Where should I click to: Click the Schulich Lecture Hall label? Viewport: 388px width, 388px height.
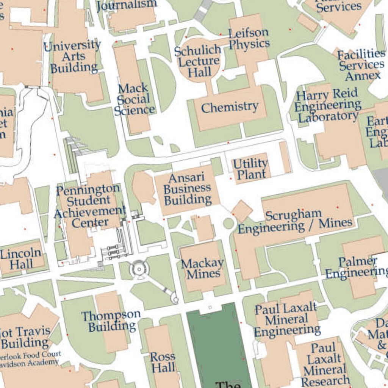point(198,61)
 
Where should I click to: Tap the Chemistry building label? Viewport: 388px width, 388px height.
point(230,108)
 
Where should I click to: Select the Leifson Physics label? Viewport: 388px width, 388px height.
point(249,38)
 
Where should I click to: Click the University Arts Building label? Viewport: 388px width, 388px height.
point(73,57)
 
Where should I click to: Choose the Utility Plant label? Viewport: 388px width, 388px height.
point(250,169)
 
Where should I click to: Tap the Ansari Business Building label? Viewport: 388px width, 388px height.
point(187,188)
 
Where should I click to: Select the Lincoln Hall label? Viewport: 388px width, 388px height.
point(20,259)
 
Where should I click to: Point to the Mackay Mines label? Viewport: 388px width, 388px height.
point(202,268)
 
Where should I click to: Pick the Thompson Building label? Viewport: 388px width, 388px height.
point(111,321)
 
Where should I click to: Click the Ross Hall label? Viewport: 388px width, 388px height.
point(163,362)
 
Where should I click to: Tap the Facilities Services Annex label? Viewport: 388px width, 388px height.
point(361,65)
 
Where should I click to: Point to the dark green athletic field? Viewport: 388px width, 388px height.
point(219,341)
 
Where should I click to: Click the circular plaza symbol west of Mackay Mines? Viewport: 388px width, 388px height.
point(139,269)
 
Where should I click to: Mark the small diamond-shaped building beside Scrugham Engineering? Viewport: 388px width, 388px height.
point(242,211)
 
